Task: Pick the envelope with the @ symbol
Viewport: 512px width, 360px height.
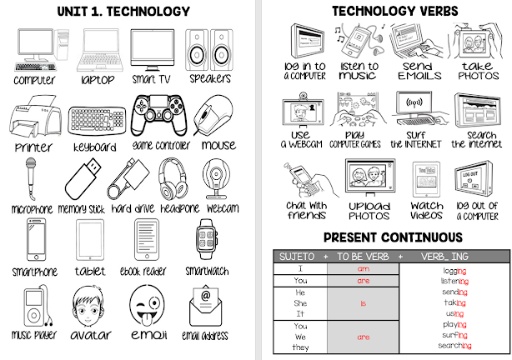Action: [205, 305]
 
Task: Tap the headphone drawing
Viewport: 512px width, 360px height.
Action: [173, 177]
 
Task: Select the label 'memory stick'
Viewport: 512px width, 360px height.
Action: [82, 208]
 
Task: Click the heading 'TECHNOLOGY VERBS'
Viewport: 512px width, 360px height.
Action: [383, 11]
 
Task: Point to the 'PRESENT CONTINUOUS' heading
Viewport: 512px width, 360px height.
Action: [383, 237]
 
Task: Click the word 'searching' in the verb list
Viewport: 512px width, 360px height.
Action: [454, 345]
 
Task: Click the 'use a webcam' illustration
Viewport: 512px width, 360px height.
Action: [301, 112]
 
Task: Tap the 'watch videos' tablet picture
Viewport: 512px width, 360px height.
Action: [426, 177]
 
